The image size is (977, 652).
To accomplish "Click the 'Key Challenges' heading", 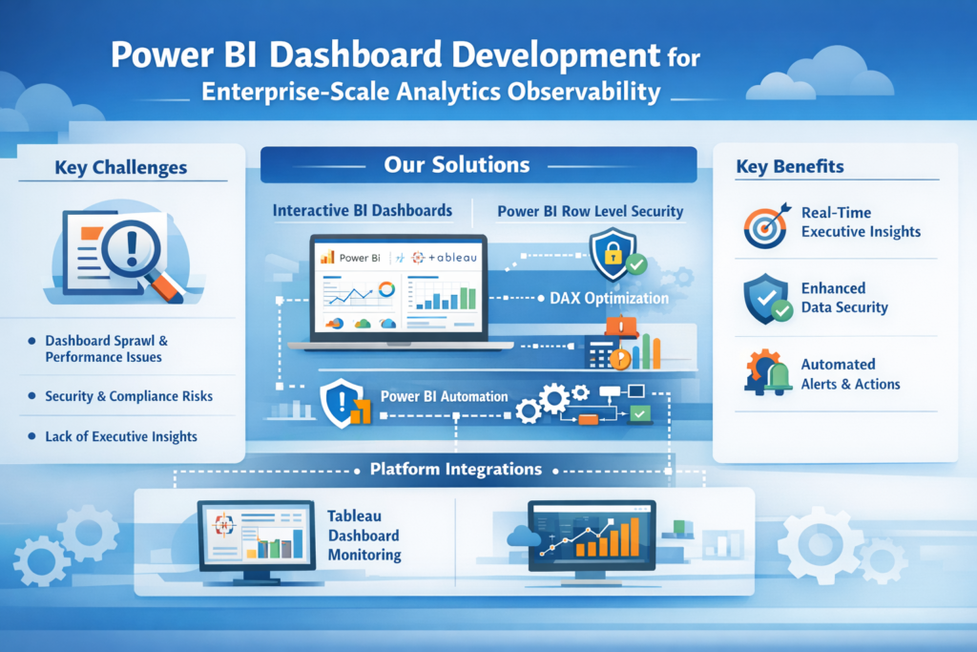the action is (x=121, y=168).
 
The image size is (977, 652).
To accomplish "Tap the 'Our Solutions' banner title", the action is (x=457, y=164).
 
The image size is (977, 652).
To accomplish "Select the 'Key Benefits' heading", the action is (x=790, y=166).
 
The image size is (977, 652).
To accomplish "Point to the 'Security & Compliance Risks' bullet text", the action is (x=129, y=396).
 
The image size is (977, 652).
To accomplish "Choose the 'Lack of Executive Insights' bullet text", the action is (x=121, y=436).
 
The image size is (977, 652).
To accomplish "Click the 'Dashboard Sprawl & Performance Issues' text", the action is (x=107, y=349).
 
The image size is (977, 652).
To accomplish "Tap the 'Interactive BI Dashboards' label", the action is (x=363, y=211).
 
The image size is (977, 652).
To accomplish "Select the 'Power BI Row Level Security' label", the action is (x=590, y=211).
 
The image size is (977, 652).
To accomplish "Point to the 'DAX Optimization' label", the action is (x=609, y=298).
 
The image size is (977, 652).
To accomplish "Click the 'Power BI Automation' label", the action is (x=445, y=396).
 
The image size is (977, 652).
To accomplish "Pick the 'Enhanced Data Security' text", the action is (x=844, y=298).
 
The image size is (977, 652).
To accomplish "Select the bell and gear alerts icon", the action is (x=766, y=372).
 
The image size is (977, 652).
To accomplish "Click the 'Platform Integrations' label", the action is (x=456, y=470).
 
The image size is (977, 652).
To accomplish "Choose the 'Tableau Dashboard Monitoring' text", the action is (x=364, y=536).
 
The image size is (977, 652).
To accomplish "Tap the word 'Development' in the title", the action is (x=556, y=56).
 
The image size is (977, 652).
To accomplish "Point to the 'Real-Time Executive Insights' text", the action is (x=861, y=221).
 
